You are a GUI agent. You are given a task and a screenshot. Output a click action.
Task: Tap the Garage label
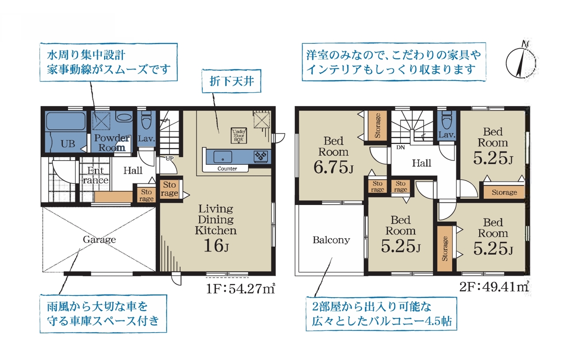99,239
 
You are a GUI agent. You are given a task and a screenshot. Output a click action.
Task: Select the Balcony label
331,240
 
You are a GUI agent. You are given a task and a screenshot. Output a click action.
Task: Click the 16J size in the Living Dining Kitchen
216,246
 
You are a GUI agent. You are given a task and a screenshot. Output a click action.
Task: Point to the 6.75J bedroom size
333,167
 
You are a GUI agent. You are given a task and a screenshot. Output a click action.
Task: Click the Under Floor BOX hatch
239,135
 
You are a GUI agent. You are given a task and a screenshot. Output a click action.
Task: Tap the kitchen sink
222,157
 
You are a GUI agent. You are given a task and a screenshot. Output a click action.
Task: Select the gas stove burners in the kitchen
260,156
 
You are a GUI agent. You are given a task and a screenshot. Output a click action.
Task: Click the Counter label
227,169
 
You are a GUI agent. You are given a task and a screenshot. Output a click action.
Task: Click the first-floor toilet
146,120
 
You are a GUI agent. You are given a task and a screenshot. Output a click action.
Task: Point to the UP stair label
169,159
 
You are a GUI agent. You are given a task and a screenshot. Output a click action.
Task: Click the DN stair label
400,147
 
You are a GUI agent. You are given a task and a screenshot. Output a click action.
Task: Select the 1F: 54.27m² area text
240,289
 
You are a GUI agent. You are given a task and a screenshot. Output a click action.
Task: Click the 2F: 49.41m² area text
494,286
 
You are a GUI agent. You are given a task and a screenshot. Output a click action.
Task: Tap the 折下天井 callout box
231,81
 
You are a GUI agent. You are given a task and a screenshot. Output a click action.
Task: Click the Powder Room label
112,143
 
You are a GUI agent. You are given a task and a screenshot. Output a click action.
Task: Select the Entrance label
95,175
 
